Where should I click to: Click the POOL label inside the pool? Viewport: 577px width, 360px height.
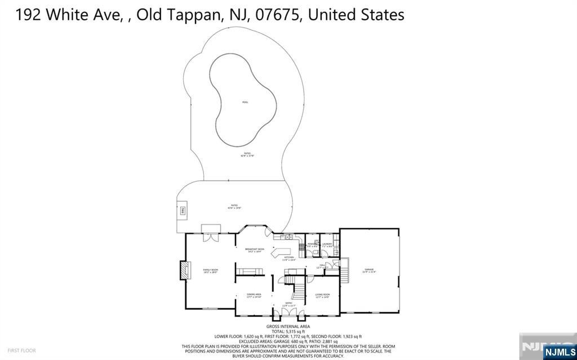click(x=245, y=102)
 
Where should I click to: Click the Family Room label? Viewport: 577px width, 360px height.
click(x=211, y=270)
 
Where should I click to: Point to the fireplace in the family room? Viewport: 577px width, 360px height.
click(x=183, y=270)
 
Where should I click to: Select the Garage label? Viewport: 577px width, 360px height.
click(x=369, y=270)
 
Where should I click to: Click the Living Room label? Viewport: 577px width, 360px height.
click(x=322, y=295)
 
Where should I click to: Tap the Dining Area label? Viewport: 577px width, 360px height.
click(x=254, y=295)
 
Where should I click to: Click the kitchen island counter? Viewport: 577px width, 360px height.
click(x=280, y=252)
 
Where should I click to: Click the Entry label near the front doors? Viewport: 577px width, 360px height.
click(x=288, y=304)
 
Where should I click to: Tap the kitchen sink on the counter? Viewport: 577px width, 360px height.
click(x=287, y=235)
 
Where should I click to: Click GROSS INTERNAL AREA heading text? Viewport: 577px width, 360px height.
click(x=288, y=326)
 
